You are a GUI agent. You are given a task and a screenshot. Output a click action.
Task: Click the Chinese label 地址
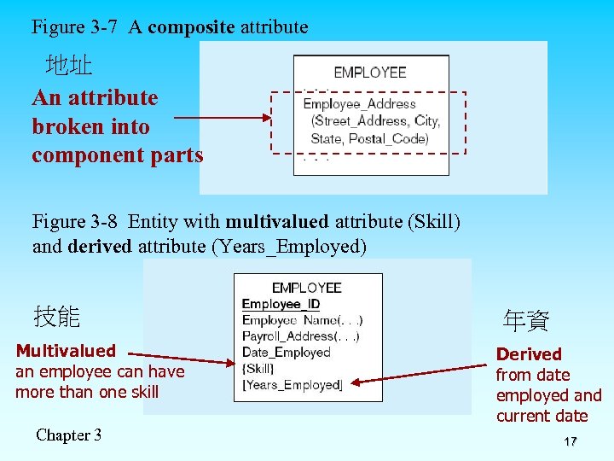(x=69, y=65)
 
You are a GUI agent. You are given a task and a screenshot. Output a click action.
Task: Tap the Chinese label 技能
(x=56, y=317)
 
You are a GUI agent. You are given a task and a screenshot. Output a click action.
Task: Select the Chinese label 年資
(x=526, y=321)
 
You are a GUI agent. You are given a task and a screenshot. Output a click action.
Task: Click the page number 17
(x=571, y=441)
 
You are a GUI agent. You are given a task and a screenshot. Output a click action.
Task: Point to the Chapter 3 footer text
(x=68, y=435)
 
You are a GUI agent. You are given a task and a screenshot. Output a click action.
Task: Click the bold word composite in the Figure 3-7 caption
(x=191, y=26)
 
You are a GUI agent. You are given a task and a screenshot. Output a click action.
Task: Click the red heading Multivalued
(x=66, y=351)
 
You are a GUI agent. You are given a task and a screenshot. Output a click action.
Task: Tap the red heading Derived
(x=529, y=353)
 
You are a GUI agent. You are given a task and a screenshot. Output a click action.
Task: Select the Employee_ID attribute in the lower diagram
(x=281, y=304)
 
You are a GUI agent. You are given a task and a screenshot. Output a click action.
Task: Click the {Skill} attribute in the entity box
(x=258, y=369)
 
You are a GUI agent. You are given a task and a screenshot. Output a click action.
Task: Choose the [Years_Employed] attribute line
(x=292, y=385)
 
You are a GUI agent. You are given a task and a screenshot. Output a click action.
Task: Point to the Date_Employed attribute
(x=286, y=353)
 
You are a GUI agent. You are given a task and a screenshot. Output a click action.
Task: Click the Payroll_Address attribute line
(x=300, y=336)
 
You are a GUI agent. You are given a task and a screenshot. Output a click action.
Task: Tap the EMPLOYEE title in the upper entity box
(x=370, y=73)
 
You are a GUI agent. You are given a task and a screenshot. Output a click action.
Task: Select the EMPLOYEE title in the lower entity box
(x=306, y=288)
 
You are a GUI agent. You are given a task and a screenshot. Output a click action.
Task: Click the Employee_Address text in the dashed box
(x=359, y=105)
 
